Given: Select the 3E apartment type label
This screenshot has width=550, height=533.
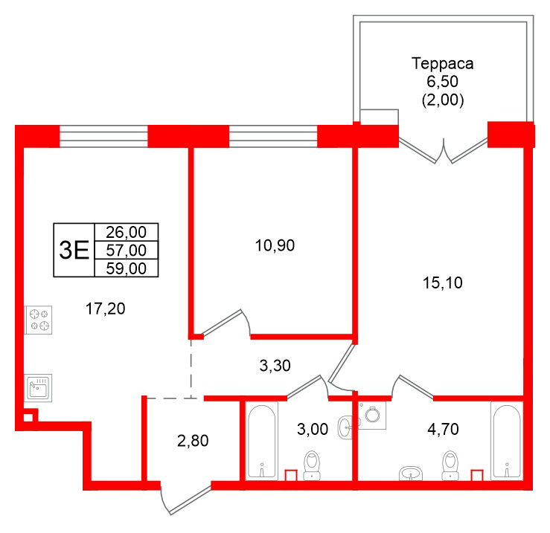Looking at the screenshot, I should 74,251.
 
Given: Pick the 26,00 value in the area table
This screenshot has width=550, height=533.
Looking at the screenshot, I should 127,233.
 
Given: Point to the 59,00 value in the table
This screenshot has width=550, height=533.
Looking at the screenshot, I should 127,268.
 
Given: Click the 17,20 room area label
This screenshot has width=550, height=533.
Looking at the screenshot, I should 105,309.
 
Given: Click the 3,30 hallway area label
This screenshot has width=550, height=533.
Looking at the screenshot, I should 274,365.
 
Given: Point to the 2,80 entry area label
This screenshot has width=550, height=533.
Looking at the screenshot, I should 194,440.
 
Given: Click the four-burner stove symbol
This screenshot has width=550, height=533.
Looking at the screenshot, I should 39,320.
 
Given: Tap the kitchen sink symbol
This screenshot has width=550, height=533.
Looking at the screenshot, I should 38,387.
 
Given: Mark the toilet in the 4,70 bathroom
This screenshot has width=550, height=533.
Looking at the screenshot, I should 449,464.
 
